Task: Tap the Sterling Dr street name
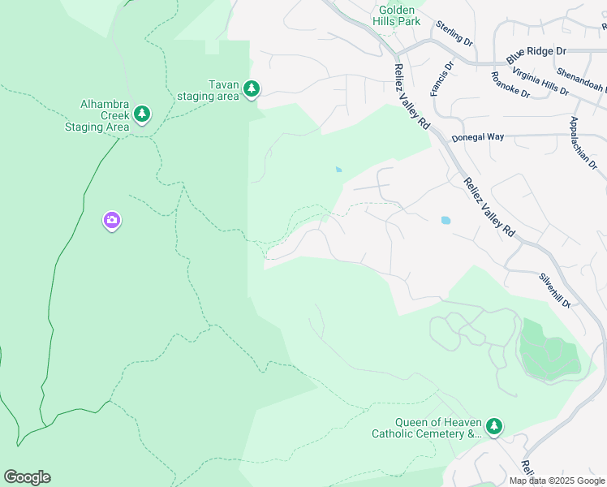pos(454,33)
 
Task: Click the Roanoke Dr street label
pos(510,85)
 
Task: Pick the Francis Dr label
pos(441,78)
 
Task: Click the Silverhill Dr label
pos(555,290)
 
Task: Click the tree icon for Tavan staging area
pos(252,88)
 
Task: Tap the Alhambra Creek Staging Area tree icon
pos(143,113)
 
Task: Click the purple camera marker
pos(112,221)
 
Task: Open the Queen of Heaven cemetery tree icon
pos(494,425)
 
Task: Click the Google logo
pos(27,476)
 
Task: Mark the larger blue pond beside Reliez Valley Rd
pos(445,220)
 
